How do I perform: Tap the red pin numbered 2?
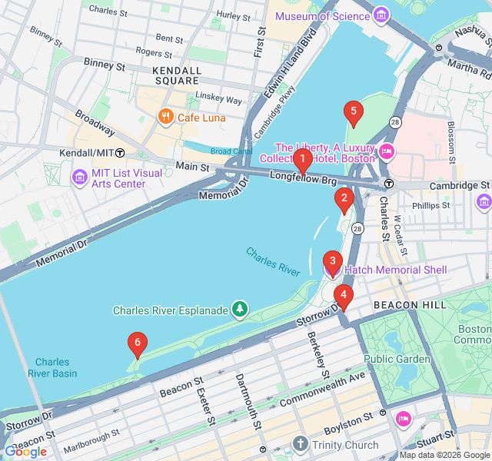point(344,200)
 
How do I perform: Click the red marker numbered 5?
point(353,113)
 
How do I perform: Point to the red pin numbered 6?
point(137,345)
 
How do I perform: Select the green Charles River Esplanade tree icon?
point(241,310)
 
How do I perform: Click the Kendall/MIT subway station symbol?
point(120,153)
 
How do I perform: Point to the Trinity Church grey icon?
point(300,444)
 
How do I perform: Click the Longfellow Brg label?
point(303,178)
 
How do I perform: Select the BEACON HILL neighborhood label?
point(409,305)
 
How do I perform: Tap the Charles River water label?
point(273,261)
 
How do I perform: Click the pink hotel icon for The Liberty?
point(387,151)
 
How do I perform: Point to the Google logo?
point(25,452)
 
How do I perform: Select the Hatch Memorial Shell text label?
point(394,270)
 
